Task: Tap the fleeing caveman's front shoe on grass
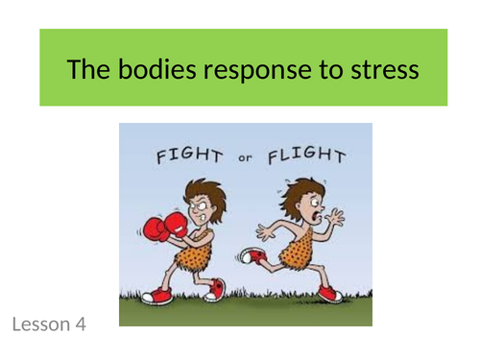pyautogui.click(x=332, y=294)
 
